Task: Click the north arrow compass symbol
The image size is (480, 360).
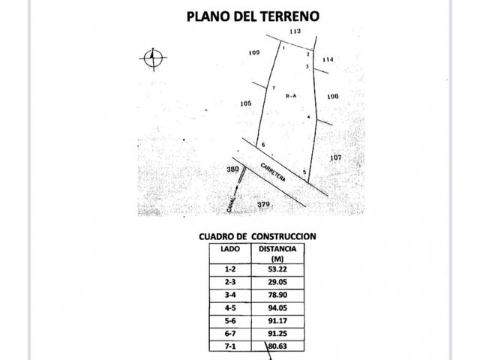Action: click(x=153, y=58)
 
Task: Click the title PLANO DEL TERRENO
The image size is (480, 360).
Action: click(x=253, y=16)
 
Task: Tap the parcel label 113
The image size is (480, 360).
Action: click(x=295, y=31)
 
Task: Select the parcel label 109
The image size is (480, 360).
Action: click(x=254, y=52)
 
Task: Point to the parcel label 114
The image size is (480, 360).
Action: click(x=328, y=59)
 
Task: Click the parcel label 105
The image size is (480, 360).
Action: click(x=246, y=103)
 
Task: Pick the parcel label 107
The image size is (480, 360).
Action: click(x=336, y=157)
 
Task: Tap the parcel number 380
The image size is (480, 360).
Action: click(x=232, y=169)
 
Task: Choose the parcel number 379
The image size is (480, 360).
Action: click(x=263, y=204)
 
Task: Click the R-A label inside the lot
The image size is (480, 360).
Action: click(x=291, y=96)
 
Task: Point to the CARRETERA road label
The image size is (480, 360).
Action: click(x=273, y=172)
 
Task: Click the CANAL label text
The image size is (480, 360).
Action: click(x=231, y=205)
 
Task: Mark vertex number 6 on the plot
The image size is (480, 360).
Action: click(x=263, y=145)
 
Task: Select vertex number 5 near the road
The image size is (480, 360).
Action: click(x=304, y=172)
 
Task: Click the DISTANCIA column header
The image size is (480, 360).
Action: click(x=277, y=249)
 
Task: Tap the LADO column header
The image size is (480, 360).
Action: click(x=230, y=249)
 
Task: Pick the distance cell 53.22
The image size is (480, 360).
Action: click(x=277, y=269)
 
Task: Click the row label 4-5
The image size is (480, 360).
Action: click(x=230, y=308)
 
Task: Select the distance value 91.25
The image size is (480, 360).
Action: click(x=277, y=333)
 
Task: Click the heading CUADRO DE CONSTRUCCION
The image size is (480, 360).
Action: click(x=257, y=237)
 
